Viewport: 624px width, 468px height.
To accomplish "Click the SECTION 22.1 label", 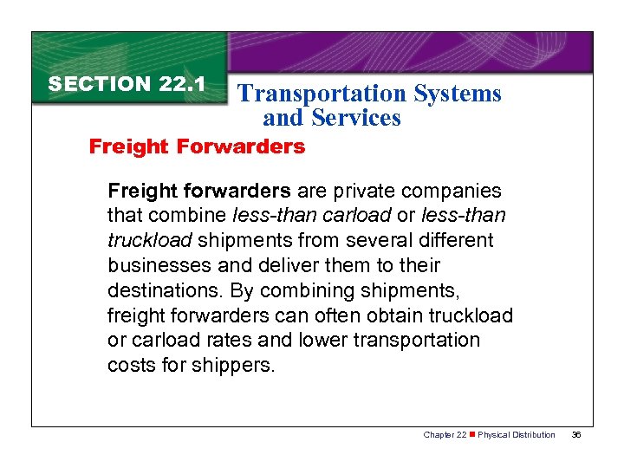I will pos(127,84).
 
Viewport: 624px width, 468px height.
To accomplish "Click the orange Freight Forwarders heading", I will pos(198,146).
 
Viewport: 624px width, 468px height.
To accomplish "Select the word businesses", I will pos(159,265).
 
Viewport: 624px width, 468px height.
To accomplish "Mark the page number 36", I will pos(577,434).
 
